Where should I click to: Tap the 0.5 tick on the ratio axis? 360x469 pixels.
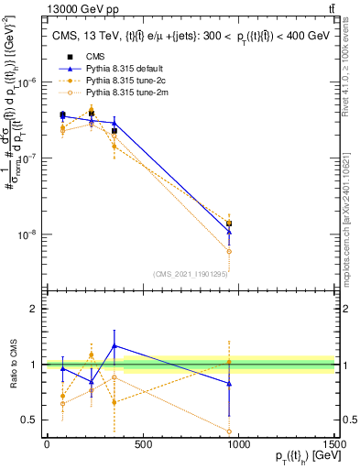(29, 420)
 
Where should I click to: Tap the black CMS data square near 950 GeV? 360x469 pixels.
(229, 224)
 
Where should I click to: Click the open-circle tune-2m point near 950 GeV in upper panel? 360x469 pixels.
(229, 251)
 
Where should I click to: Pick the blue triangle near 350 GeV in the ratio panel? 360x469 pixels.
(114, 345)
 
